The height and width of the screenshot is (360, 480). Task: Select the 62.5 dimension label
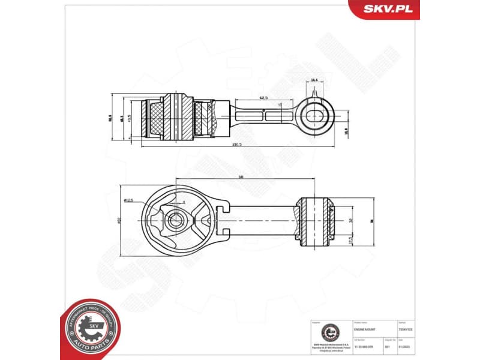263,97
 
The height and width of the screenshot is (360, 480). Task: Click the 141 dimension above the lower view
241,177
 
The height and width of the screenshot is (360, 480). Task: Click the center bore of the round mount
174,220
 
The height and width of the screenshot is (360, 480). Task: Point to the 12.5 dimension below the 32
350,239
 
